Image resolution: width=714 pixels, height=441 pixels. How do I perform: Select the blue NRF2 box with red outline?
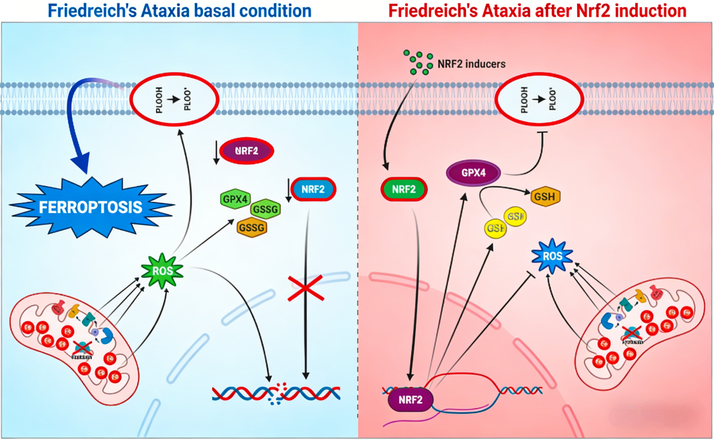[x=313, y=189]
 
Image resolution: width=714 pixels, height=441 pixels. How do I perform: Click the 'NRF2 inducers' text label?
[x=471, y=64]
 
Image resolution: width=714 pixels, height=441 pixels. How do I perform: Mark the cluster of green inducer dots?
[x=418, y=64]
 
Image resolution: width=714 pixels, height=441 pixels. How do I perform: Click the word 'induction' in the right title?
[x=651, y=11]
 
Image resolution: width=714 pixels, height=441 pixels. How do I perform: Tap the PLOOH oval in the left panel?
[x=175, y=100]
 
